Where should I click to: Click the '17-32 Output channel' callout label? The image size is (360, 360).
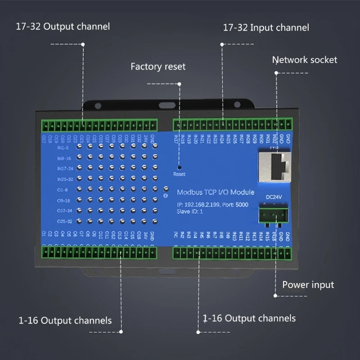[x=63, y=27]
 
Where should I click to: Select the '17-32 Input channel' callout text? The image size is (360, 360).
[x=266, y=28]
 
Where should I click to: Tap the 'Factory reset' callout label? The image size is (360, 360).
[x=157, y=67]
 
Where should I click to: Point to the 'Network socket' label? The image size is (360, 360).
[x=304, y=60]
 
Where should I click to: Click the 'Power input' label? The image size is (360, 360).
[x=308, y=285]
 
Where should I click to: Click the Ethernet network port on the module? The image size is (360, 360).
[x=274, y=164]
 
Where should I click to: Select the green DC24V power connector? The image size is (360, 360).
[x=273, y=212]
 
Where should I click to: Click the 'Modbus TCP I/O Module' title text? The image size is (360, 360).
[x=215, y=192]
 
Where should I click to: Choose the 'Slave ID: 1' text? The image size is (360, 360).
[x=190, y=211]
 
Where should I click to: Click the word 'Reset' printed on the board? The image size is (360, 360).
[x=179, y=174]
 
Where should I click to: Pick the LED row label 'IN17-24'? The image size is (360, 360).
[x=64, y=168]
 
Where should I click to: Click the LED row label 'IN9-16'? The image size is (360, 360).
[x=64, y=158]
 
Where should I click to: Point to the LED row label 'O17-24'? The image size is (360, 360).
[x=64, y=211]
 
